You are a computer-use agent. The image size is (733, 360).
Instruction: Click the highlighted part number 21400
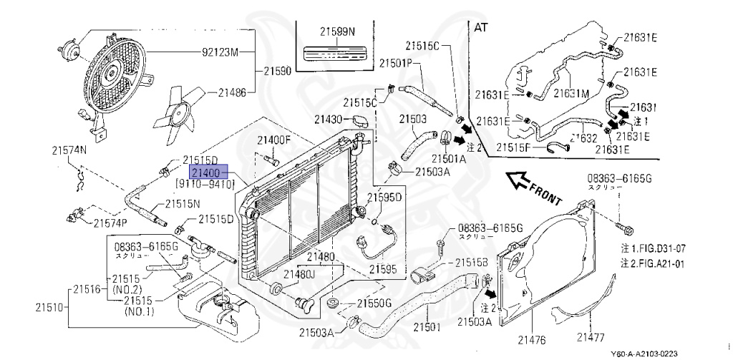[x=208, y=172]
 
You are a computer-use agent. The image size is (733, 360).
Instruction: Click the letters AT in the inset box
[x=482, y=27]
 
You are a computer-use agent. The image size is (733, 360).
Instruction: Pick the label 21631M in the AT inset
[x=570, y=93]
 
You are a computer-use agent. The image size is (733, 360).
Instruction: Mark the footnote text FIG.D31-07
[x=659, y=248]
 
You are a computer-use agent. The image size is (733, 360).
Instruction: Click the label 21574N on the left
[x=68, y=150]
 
